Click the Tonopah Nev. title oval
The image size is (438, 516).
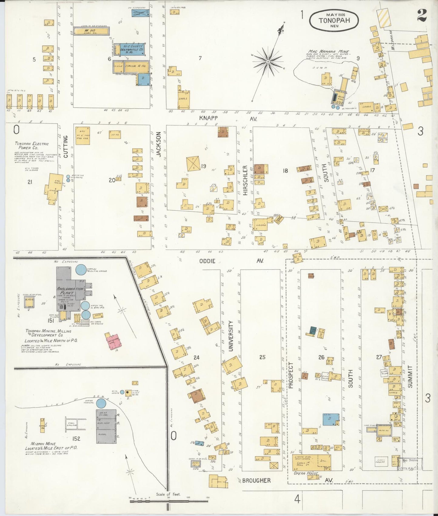[334, 20]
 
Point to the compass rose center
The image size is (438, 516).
[268, 62]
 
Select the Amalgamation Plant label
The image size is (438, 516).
[70, 291]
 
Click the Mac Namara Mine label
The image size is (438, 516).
[328, 52]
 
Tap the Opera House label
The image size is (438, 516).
[306, 473]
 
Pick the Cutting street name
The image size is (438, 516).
[66, 147]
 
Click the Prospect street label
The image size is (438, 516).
[291, 375]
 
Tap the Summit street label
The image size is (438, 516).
[410, 377]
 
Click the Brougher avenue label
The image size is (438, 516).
[256, 480]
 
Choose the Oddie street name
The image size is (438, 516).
[207, 261]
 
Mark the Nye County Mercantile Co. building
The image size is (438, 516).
[131, 49]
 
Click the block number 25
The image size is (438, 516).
[262, 357]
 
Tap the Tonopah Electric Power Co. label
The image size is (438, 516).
[32, 146]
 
